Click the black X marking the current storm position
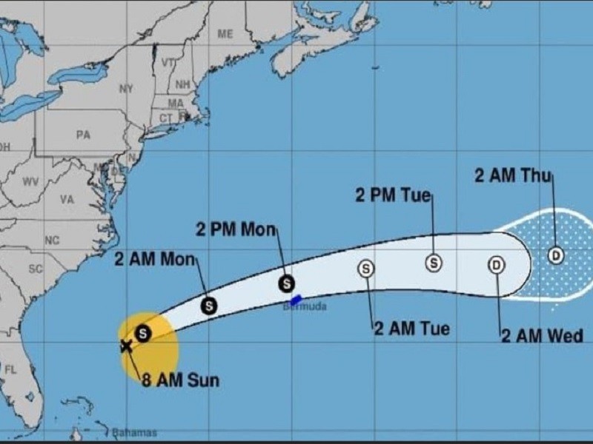pos(126,345)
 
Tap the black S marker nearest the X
pos(143,334)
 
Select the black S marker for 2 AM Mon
pos(210,304)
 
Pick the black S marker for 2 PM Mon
pos(286,283)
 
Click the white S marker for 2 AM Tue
pos(366,268)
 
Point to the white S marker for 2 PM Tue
pos(434,263)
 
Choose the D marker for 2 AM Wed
pos(496,265)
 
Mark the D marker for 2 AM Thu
pos(556,255)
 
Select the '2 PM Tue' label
pos(392,195)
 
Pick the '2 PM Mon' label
pos(236,229)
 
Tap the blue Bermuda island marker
pos(295,300)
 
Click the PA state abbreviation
pos(83,135)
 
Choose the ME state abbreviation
pos(225,34)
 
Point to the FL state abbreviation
pos(10,369)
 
